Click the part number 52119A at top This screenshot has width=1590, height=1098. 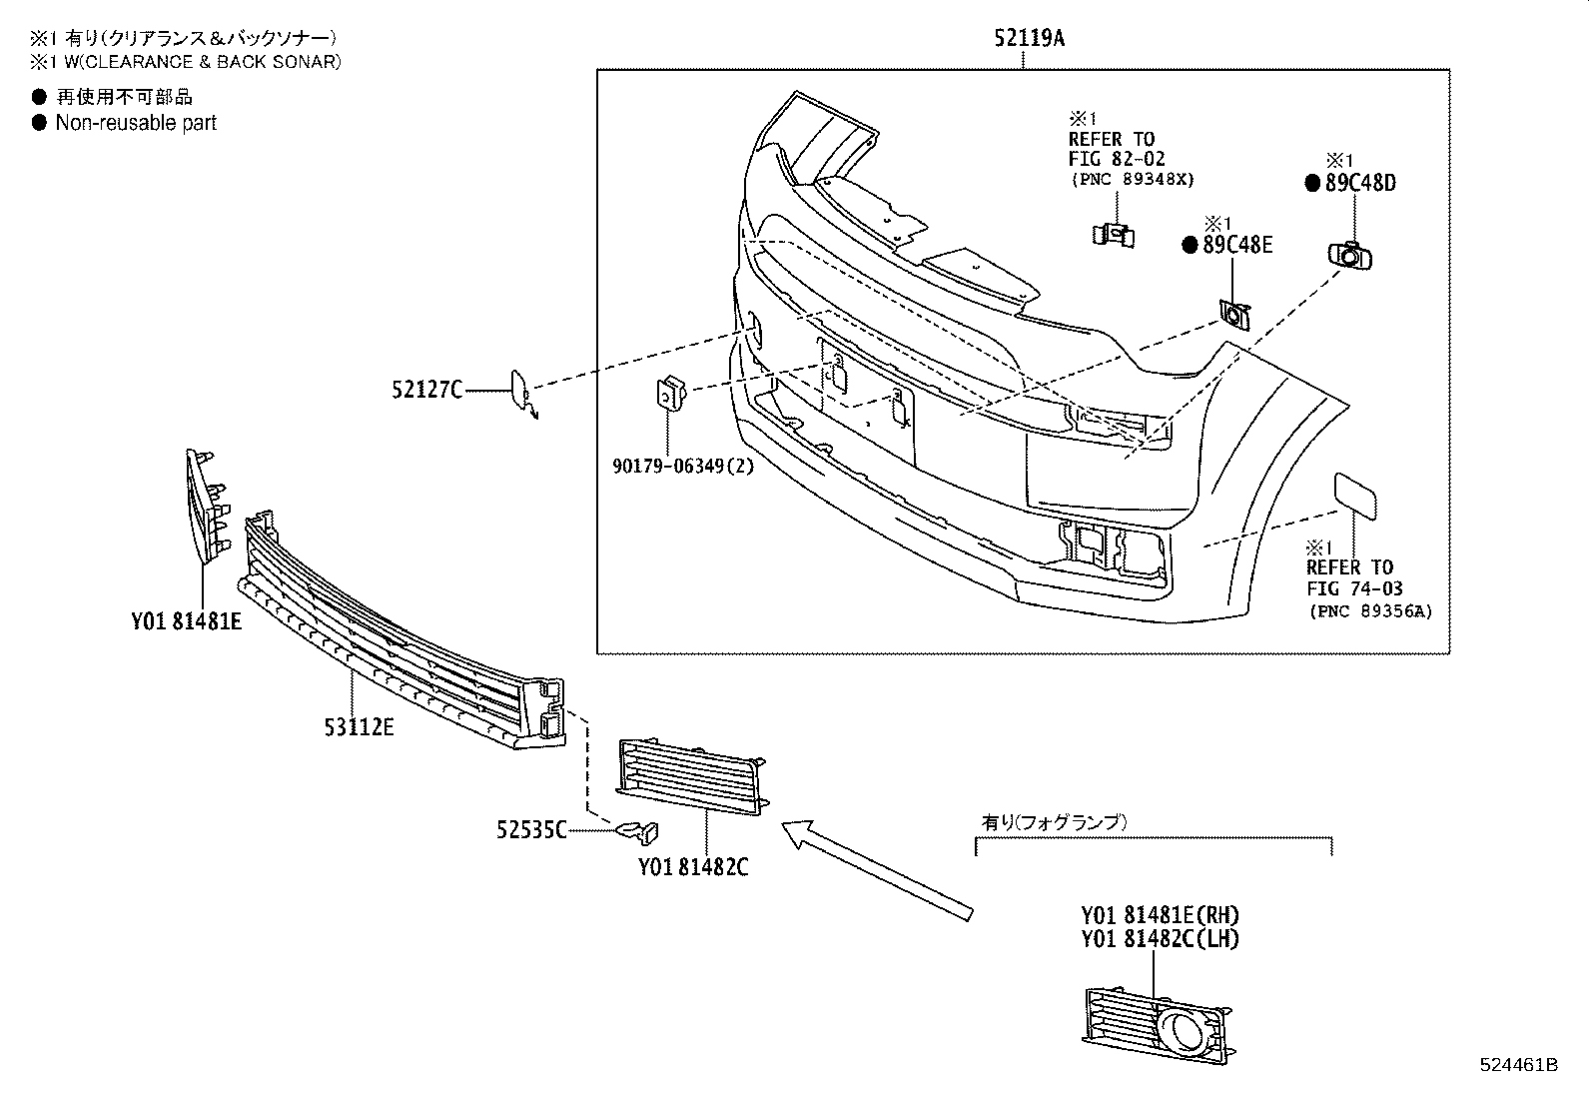(1029, 39)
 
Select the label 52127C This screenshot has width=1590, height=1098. (426, 390)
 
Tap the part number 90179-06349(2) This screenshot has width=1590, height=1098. (683, 465)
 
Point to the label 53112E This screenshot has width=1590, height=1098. (359, 726)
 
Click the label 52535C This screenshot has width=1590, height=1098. (531, 829)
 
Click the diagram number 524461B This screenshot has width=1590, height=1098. (1518, 1065)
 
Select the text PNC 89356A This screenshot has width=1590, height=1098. (1369, 611)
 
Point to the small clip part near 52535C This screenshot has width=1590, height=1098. (639, 829)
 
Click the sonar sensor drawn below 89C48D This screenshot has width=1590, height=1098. (1350, 256)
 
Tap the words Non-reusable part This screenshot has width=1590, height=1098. (136, 123)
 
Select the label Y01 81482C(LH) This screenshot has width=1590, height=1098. (1160, 939)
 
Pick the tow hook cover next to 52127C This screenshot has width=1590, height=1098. (521, 391)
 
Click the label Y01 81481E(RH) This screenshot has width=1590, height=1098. (1160, 914)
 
